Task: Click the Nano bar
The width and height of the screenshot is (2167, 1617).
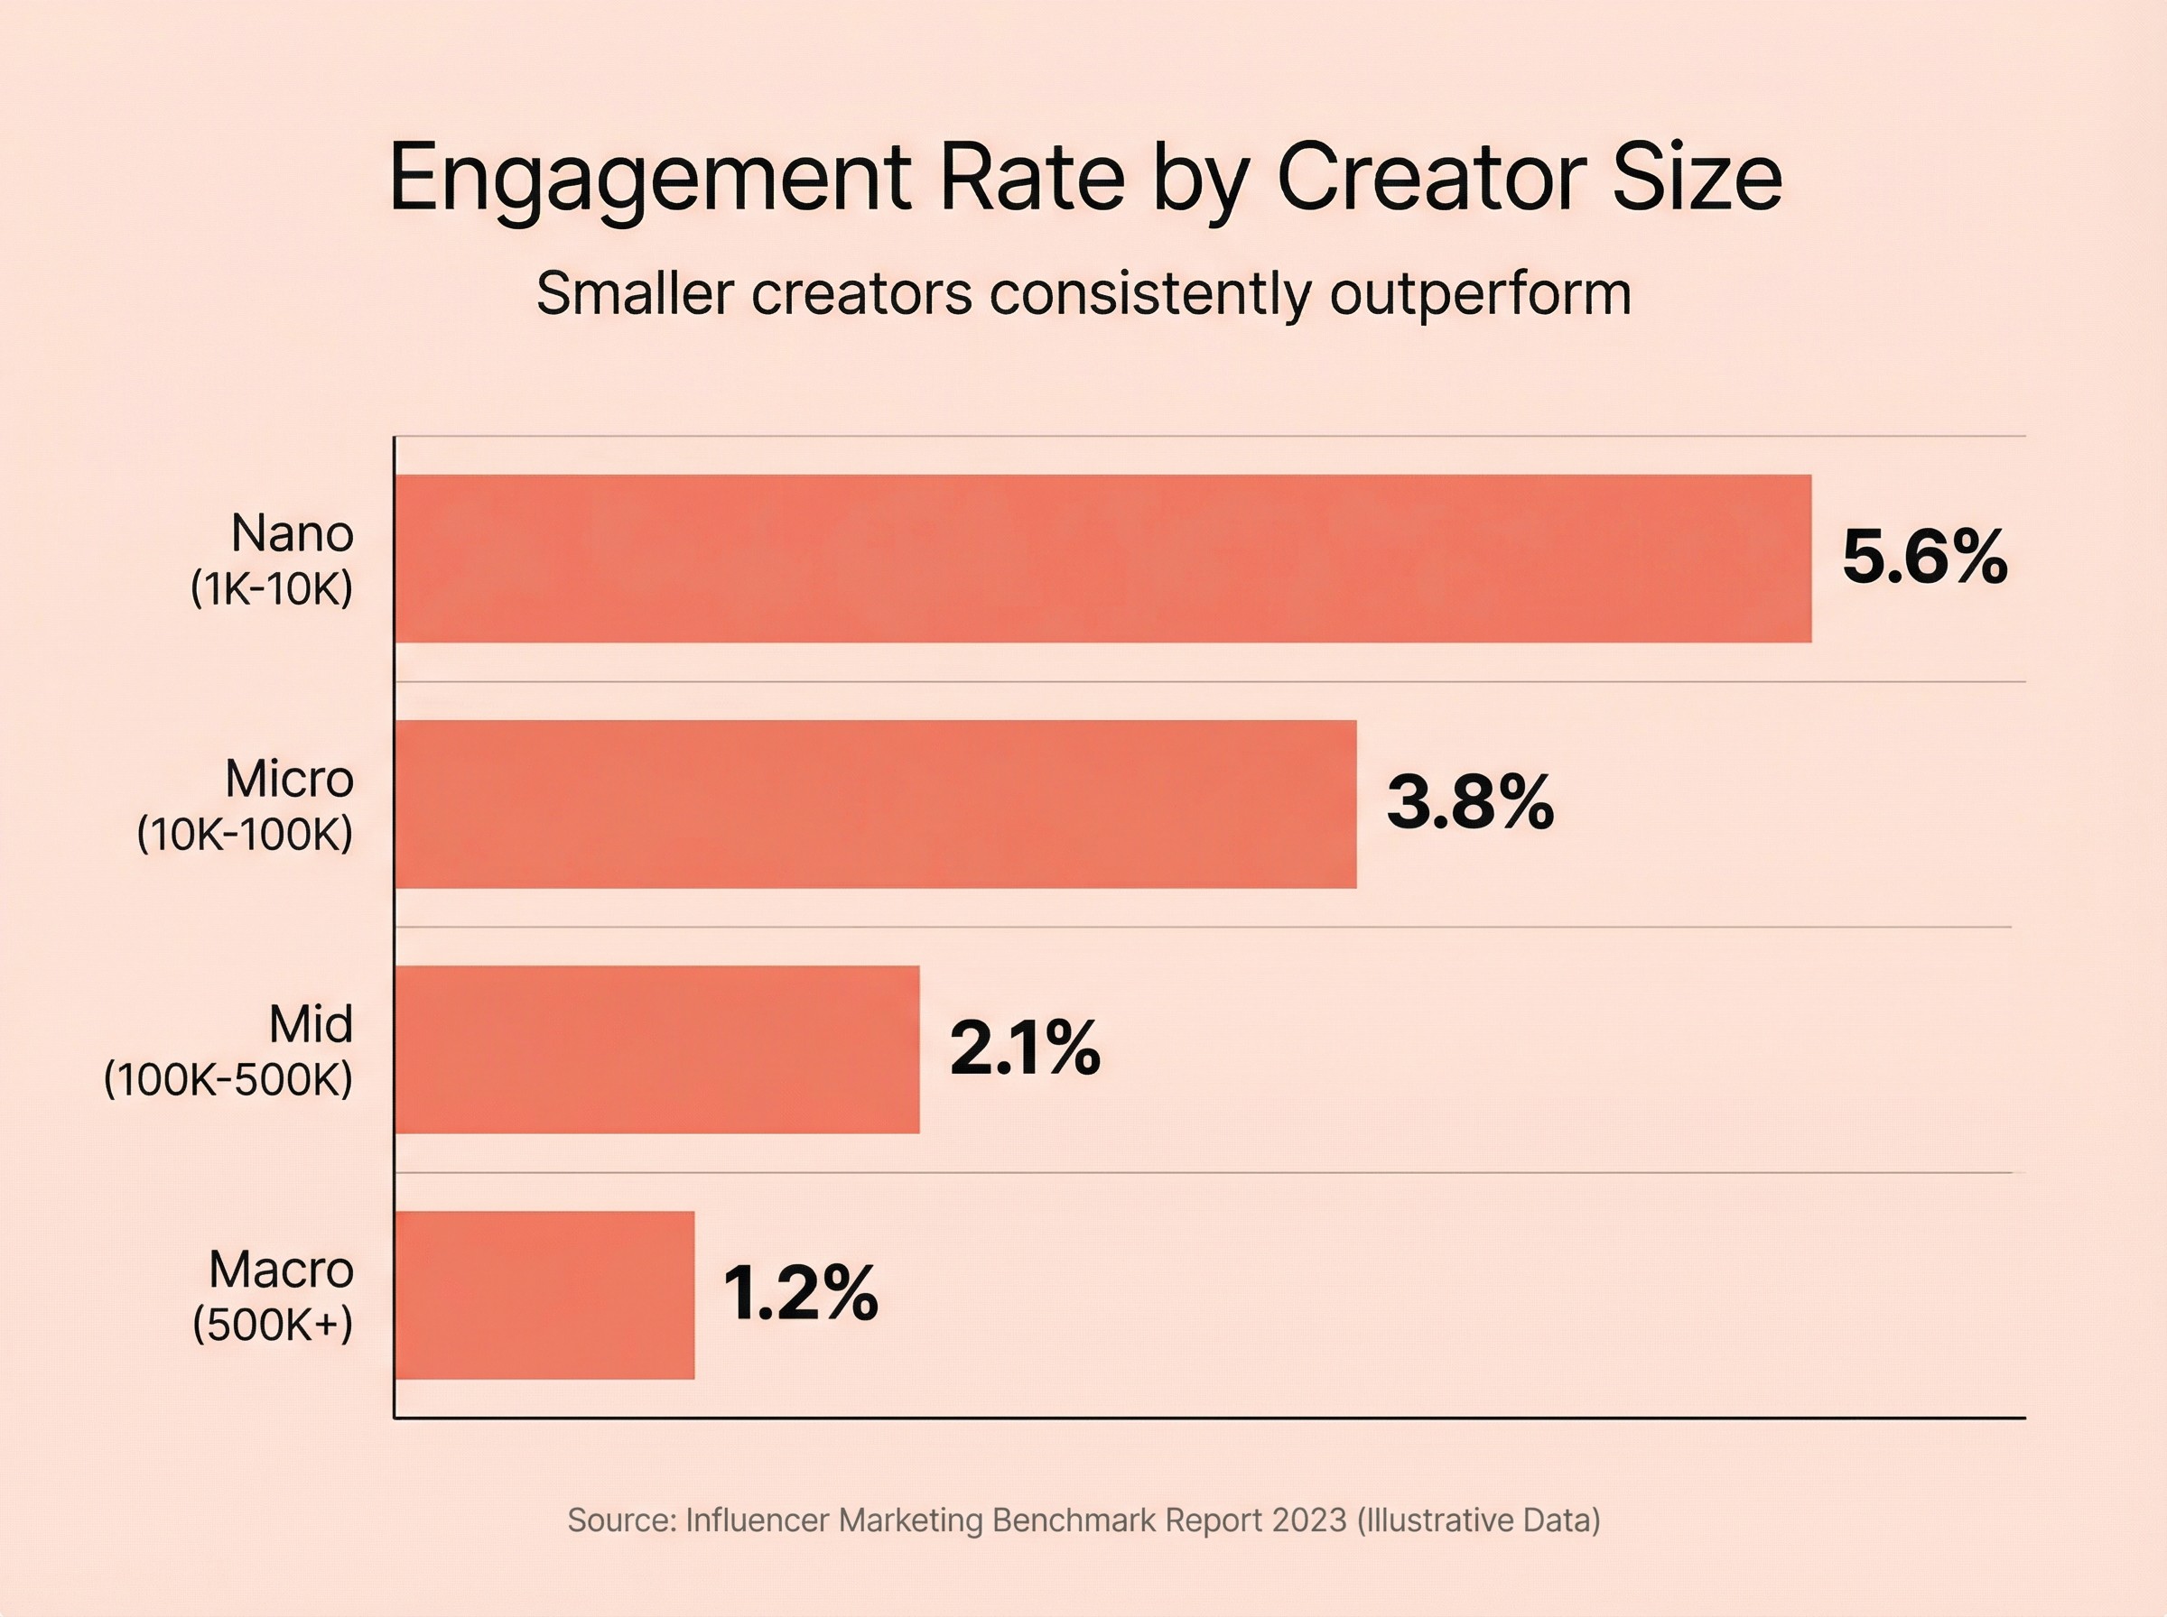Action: point(1102,559)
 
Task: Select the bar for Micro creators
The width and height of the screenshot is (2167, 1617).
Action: point(876,805)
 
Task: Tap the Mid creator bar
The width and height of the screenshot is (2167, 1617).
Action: point(657,1049)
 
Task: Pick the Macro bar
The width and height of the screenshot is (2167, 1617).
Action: point(544,1295)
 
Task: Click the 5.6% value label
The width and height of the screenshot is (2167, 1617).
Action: point(1924,558)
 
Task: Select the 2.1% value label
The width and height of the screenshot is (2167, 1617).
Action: point(1024,1049)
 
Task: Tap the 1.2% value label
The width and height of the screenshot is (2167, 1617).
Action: point(800,1294)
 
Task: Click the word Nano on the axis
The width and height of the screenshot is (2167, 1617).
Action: point(292,534)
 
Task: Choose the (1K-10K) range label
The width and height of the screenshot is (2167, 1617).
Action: point(271,589)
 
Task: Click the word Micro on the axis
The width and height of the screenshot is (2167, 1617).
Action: point(289,779)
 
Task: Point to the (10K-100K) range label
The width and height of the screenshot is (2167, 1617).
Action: point(245,835)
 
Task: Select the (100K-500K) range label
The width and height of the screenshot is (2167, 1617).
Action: point(228,1079)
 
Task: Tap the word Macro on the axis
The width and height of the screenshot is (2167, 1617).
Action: point(281,1270)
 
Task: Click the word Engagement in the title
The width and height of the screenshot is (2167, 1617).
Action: point(650,178)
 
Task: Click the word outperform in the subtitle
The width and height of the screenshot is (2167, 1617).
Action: point(1481,292)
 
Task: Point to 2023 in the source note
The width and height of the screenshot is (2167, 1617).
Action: point(1309,1520)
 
